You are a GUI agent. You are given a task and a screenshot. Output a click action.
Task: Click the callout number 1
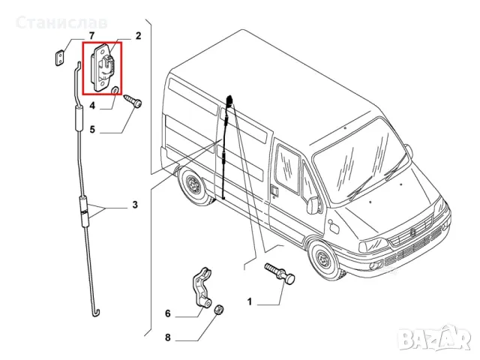pyautogui.click(x=251, y=301)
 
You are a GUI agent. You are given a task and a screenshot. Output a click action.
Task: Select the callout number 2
pyautogui.click(x=138, y=35)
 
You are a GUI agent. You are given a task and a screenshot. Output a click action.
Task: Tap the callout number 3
pyautogui.click(x=135, y=204)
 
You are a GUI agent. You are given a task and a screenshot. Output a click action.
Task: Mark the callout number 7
pyautogui.click(x=91, y=35)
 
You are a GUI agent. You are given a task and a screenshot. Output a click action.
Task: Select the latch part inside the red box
pyautogui.click(x=103, y=65)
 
